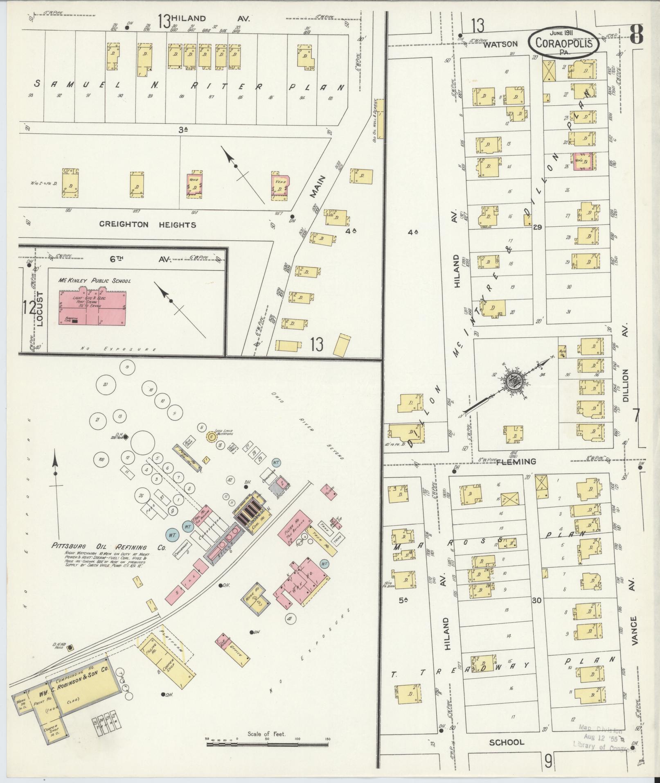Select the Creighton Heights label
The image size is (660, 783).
tap(147, 225)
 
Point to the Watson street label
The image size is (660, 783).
tap(500, 44)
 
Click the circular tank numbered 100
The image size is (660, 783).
tap(101, 460)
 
